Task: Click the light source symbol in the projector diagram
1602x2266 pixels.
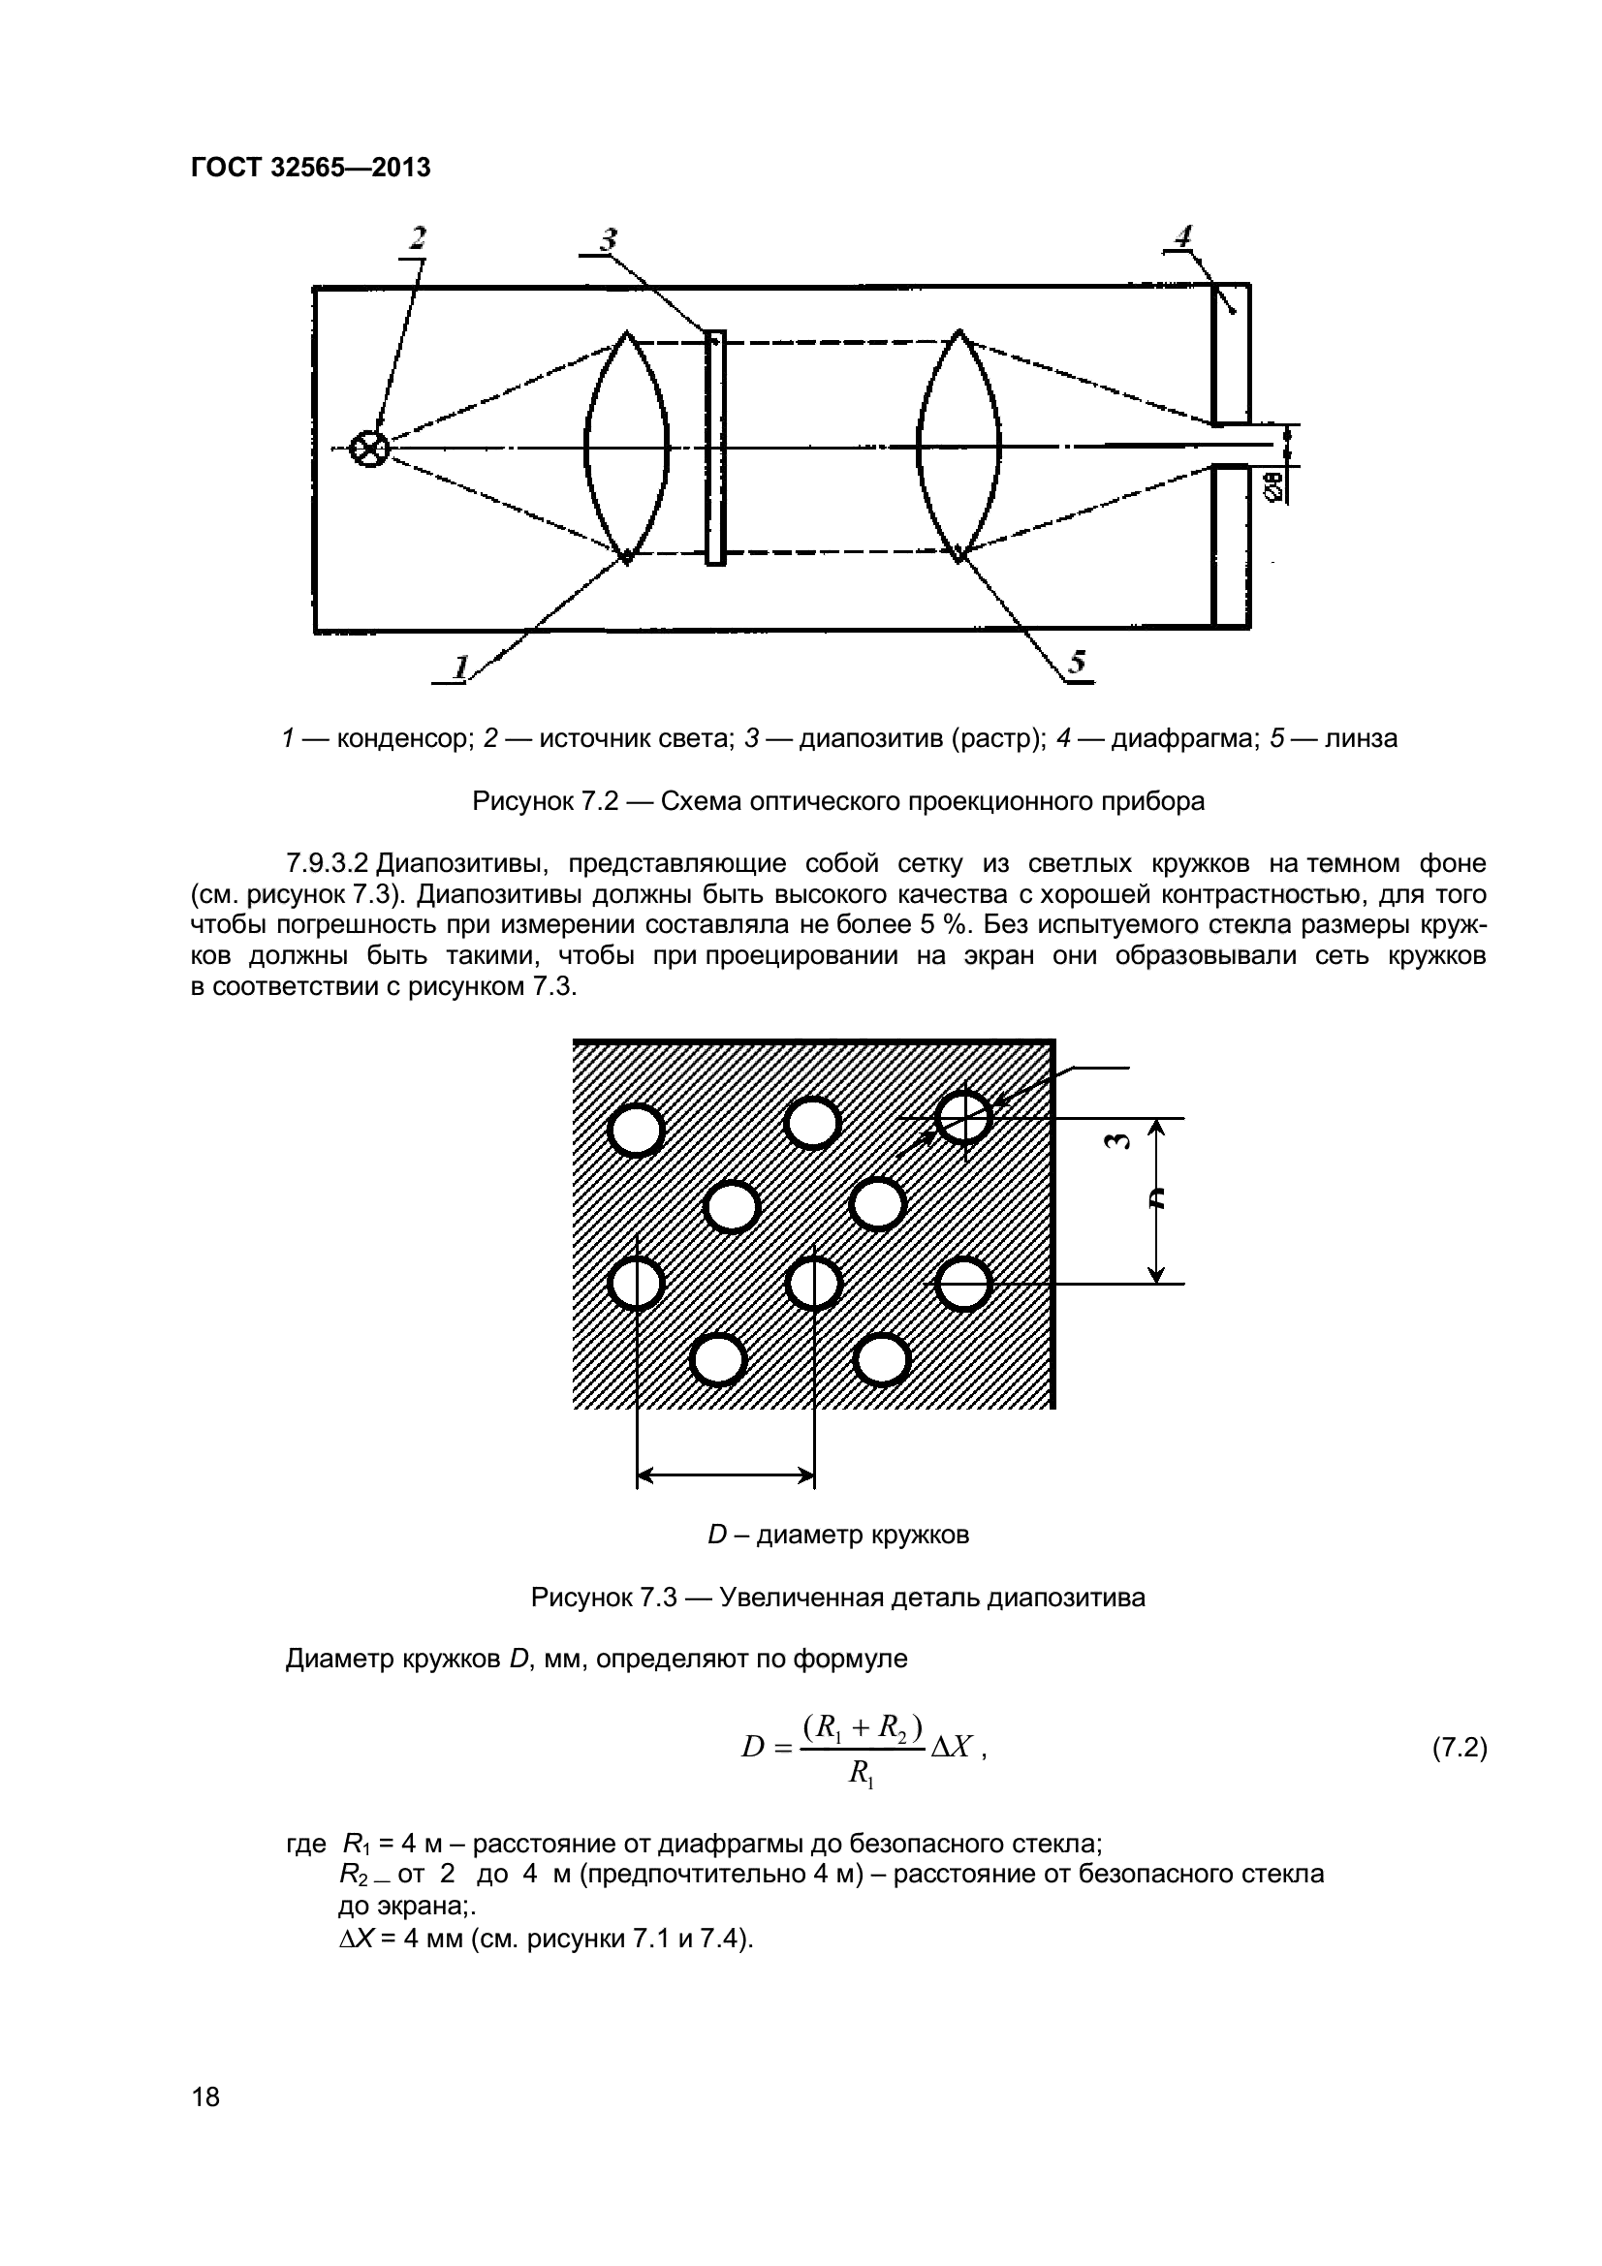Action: pos(370,450)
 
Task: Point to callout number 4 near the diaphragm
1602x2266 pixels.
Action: pos(1181,236)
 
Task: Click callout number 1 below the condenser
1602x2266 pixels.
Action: pos(459,667)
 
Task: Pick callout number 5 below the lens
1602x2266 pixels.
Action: pos(1077,663)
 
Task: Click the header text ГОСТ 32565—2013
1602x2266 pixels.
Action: pos(310,168)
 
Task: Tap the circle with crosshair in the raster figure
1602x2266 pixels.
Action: pos(963,1116)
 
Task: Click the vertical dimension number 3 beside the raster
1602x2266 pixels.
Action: pos(1115,1142)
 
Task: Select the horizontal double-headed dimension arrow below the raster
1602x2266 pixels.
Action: pos(726,1476)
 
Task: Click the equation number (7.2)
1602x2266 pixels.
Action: pos(1459,1749)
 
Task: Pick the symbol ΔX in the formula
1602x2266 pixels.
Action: pos(953,1748)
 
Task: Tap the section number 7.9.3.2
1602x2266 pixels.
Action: pos(327,863)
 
